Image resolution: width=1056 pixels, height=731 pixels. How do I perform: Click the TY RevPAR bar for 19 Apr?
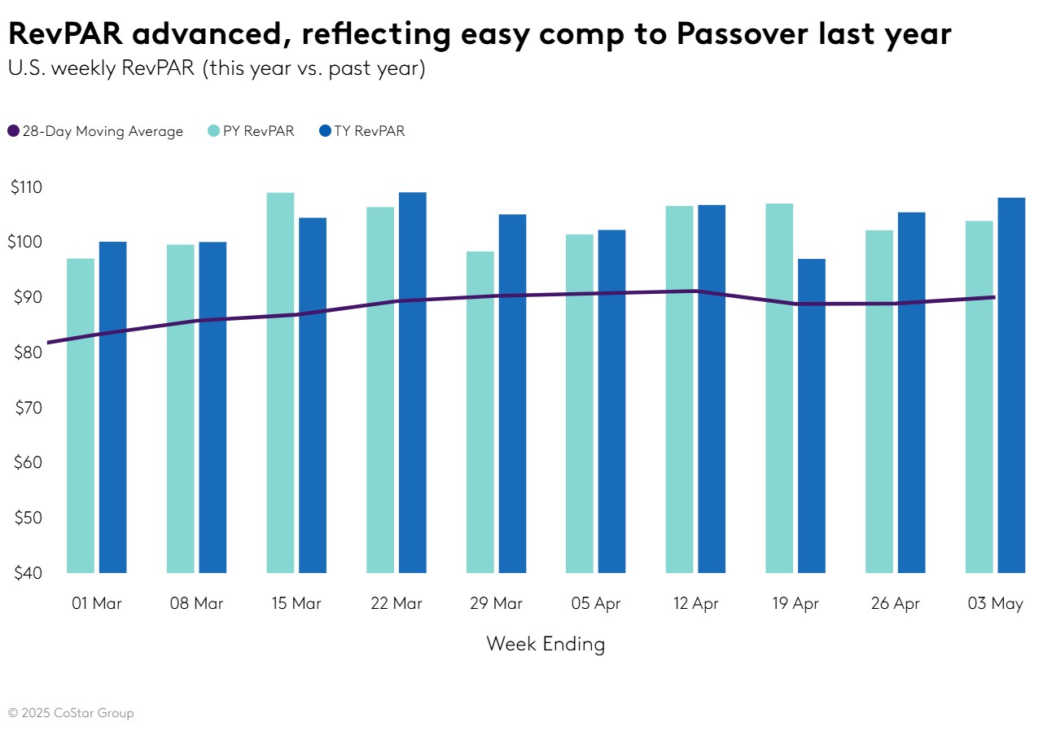coord(812,415)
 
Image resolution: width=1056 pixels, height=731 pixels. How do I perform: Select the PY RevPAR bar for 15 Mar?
coord(280,383)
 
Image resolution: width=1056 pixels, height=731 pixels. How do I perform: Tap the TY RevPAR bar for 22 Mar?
coord(413,383)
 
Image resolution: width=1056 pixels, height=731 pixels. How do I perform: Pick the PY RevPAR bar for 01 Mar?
coord(81,415)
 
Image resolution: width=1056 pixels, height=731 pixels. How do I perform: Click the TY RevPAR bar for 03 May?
coord(1011,385)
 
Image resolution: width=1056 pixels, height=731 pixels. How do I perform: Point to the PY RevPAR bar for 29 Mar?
coord(480,412)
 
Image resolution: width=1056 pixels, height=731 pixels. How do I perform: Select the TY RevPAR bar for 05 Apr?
coord(612,401)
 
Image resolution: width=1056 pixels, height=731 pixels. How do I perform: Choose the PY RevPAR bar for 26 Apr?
coord(879,401)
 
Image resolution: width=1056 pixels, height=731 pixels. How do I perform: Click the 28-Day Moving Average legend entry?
coord(95,131)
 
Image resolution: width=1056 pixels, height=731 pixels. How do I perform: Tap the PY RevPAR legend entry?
coord(251,131)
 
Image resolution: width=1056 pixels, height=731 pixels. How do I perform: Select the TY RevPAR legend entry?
coord(361,131)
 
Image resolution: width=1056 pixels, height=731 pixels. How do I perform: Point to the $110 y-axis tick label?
coord(27,187)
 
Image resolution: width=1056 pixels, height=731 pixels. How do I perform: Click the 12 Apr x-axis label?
coord(695,604)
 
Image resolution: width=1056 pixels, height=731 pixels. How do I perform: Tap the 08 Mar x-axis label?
coord(196,604)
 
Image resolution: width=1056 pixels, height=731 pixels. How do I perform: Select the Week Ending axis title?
coord(546,644)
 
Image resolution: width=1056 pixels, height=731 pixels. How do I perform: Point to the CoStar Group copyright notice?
coord(71,713)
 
